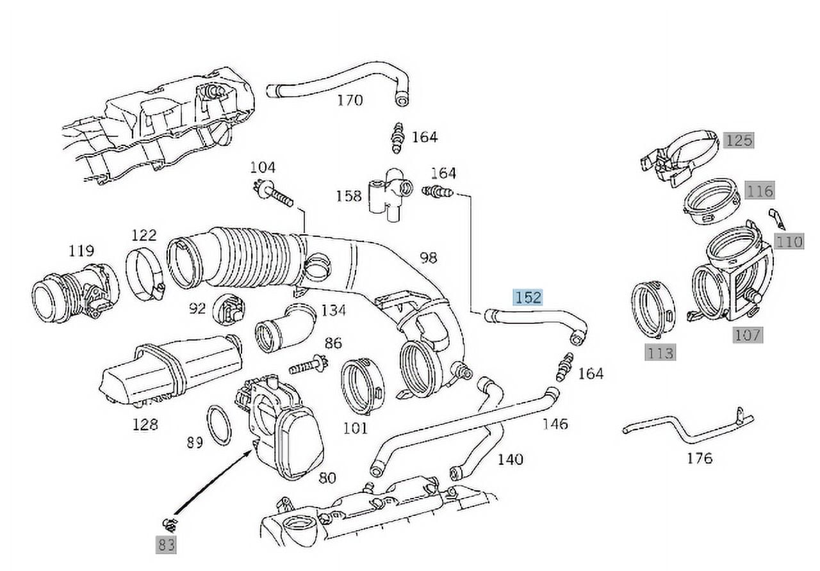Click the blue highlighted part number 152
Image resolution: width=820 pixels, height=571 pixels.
pos(527,297)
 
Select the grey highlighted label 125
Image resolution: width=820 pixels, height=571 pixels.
pos(739,140)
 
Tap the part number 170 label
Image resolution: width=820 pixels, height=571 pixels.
pos(350,101)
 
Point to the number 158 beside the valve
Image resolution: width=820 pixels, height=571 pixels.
pos(349,195)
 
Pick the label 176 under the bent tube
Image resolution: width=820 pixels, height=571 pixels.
pos(699,458)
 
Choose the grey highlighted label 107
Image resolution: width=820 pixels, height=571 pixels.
pos(747,334)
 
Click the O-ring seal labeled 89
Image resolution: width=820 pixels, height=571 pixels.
pos(220,425)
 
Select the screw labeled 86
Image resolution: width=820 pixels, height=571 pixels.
pos(308,367)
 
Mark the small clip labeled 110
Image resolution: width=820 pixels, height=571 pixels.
pos(776,218)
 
